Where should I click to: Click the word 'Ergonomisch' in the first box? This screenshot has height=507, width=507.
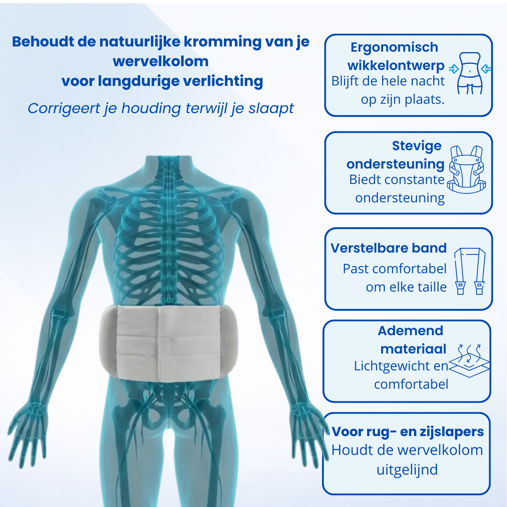click(x=394, y=48)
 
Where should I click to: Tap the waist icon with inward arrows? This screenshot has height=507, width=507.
click(x=470, y=73)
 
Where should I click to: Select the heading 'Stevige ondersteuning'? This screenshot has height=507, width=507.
click(x=395, y=155)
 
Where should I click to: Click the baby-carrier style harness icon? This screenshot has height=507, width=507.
click(x=466, y=169)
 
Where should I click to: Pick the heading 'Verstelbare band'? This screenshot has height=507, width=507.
click(x=388, y=248)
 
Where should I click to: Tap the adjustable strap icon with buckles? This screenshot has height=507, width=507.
click(x=470, y=271)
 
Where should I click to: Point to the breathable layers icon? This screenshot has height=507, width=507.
click(x=469, y=361)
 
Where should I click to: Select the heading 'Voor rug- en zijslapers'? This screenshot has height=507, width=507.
click(x=407, y=432)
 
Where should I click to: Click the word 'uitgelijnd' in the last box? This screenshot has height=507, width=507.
click(x=407, y=469)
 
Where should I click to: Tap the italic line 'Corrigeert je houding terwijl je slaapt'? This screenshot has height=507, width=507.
click(x=161, y=108)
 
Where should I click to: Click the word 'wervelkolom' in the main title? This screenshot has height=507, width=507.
click(x=161, y=61)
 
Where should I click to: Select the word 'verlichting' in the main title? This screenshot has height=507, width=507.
click(x=223, y=81)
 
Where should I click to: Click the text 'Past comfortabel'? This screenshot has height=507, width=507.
click(x=394, y=269)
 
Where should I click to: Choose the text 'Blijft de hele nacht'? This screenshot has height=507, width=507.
click(x=388, y=81)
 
